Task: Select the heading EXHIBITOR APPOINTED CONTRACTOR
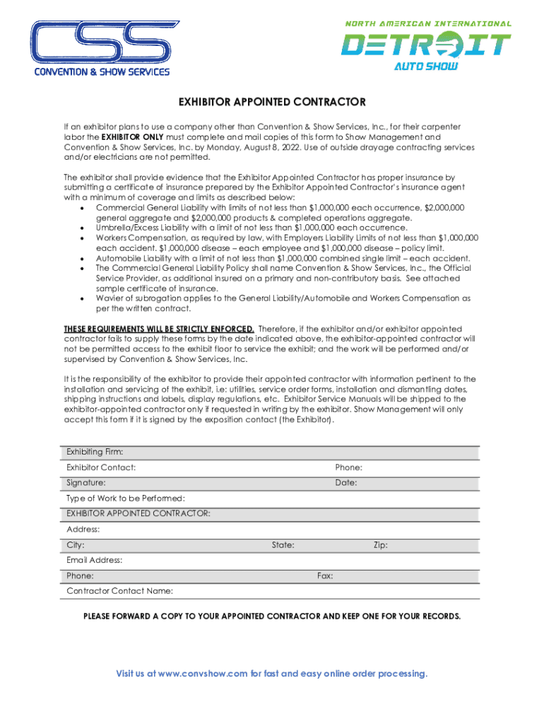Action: [271, 102]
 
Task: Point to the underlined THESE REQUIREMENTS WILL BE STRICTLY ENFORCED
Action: [159, 329]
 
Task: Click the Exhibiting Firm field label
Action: [95, 452]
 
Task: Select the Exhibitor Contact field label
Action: [101, 467]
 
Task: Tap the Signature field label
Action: [86, 483]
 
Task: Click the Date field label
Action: [346, 483]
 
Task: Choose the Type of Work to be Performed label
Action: [126, 498]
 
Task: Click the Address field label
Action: [83, 530]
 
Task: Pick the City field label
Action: [76, 545]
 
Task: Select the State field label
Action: [283, 545]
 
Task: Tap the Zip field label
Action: [380, 545]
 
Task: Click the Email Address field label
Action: [95, 561]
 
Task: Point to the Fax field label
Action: [325, 576]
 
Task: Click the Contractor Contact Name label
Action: [119, 591]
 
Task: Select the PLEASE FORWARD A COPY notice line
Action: [271, 616]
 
